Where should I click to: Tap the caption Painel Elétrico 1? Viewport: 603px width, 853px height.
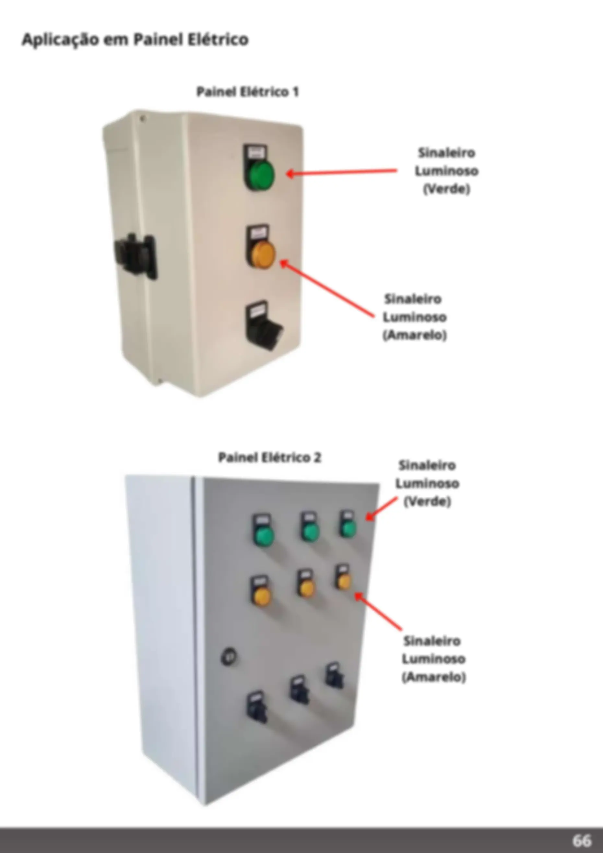[x=248, y=92]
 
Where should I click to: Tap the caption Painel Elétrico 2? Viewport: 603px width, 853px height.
[x=270, y=457]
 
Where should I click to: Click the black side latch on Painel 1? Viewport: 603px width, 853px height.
[x=136, y=256]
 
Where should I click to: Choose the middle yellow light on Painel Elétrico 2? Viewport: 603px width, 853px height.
[x=307, y=588]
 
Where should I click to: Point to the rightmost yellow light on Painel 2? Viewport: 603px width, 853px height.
[x=344, y=581]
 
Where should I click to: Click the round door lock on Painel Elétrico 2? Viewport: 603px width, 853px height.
[x=229, y=657]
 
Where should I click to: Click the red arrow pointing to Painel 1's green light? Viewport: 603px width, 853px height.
[x=342, y=172]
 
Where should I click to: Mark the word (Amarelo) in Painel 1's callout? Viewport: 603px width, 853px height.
[x=415, y=335]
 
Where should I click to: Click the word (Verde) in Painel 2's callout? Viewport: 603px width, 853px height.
[x=428, y=502]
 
